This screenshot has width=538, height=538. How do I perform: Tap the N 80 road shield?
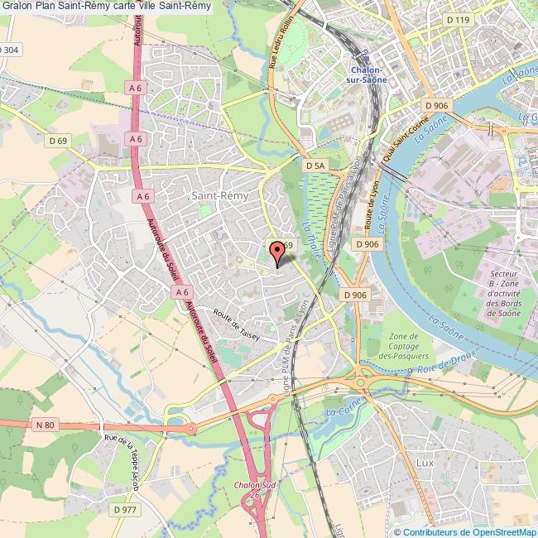[46, 425]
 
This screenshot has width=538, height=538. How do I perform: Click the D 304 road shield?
[9, 50]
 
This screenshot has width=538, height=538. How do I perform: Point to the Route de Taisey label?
[236, 325]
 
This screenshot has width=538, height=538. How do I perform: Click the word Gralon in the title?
[17, 7]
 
